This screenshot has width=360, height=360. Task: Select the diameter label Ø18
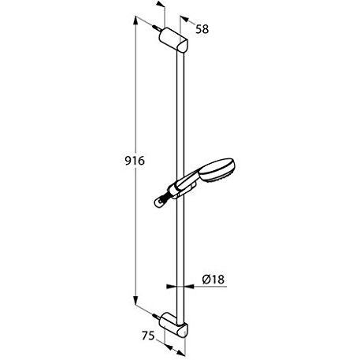(214, 278)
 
